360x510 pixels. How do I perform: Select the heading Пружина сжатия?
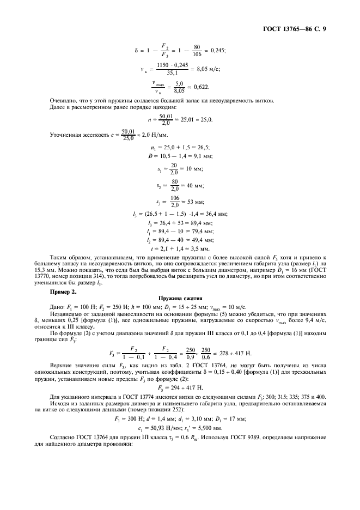coord(180,299)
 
